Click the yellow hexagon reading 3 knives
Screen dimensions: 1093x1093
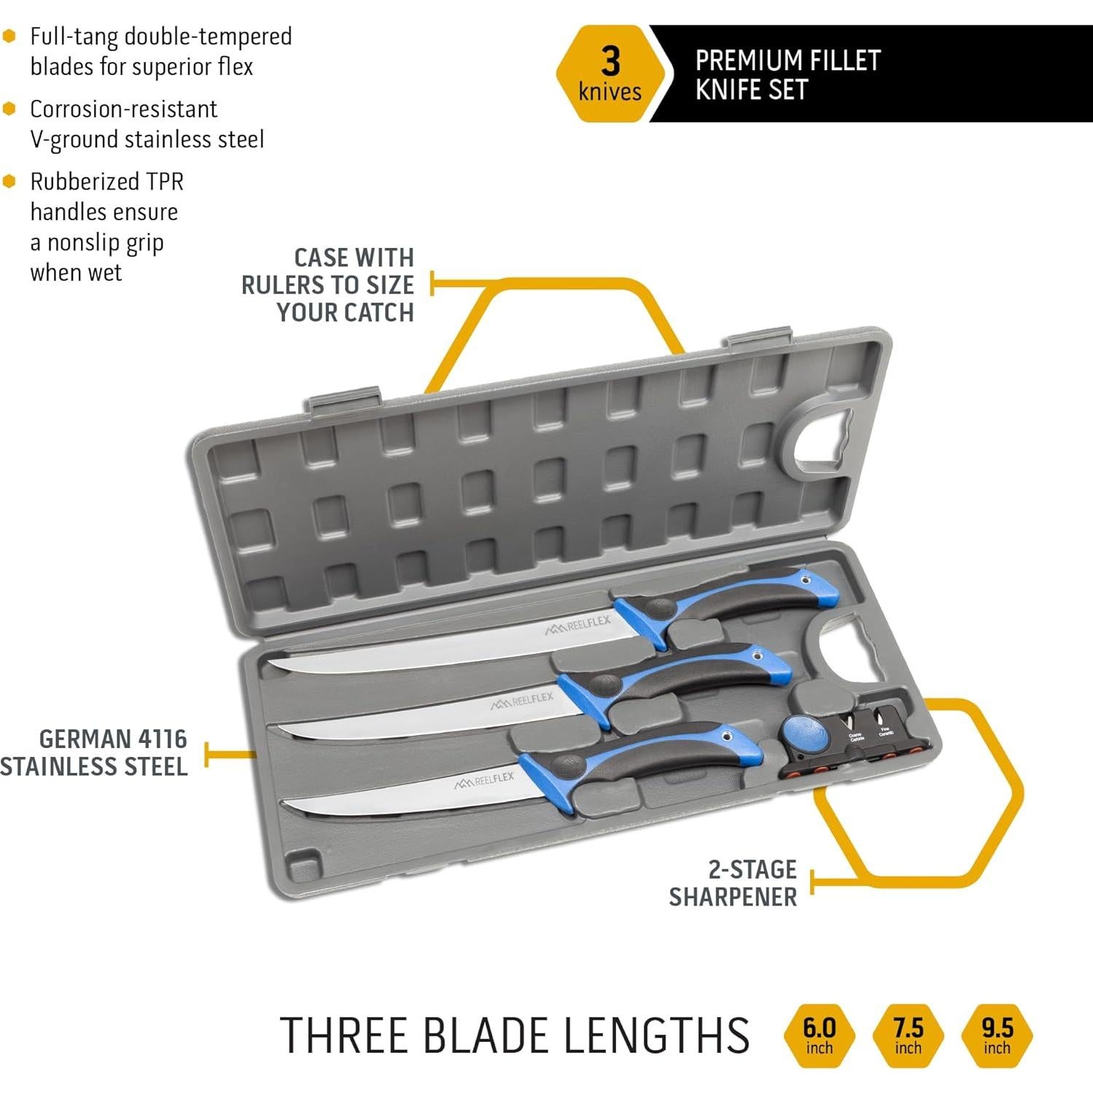tap(610, 74)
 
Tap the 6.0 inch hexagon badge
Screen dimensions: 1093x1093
tap(819, 1035)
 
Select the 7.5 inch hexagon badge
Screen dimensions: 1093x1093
tap(908, 1035)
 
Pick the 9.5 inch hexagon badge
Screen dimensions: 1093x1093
tap(997, 1035)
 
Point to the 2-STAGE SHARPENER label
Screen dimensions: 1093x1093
tap(734, 883)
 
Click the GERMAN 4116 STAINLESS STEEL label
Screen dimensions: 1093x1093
tap(95, 752)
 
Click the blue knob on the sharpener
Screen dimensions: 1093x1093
tap(805, 733)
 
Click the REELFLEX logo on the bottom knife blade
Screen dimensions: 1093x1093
tap(485, 781)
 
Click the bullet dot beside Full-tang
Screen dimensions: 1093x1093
tap(9, 36)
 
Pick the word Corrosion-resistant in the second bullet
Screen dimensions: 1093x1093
tap(123, 109)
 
